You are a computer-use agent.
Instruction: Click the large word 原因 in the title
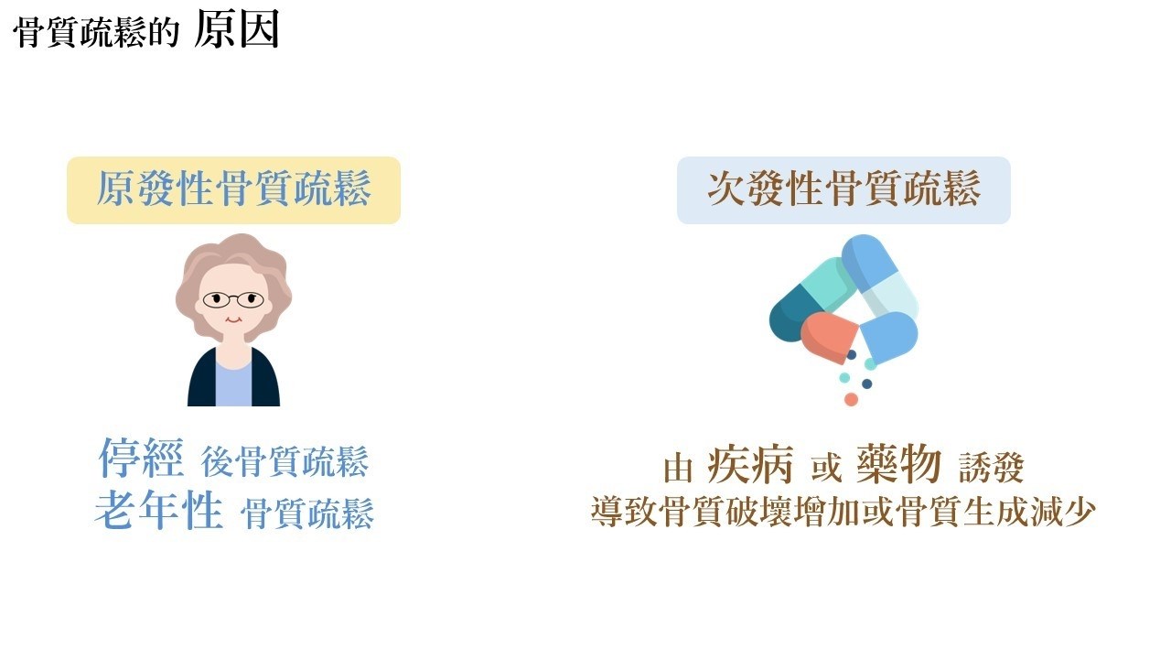(x=237, y=29)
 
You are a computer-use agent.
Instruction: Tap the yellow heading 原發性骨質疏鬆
(x=233, y=189)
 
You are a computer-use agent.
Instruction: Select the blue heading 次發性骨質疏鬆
(x=843, y=189)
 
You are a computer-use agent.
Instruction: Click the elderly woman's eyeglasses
(x=233, y=299)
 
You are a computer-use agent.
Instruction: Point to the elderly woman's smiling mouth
(x=233, y=319)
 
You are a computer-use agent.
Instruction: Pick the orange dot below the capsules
(x=851, y=400)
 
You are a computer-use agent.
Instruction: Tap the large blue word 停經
(x=141, y=459)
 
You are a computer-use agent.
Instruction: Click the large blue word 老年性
(x=159, y=510)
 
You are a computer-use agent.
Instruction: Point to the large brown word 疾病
(x=749, y=464)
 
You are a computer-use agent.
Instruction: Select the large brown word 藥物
(x=898, y=464)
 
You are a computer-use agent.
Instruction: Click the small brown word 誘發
(x=991, y=468)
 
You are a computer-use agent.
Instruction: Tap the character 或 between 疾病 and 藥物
(x=826, y=468)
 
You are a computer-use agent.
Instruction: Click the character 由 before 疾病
(x=678, y=469)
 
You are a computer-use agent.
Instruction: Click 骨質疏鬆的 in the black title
(x=96, y=32)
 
